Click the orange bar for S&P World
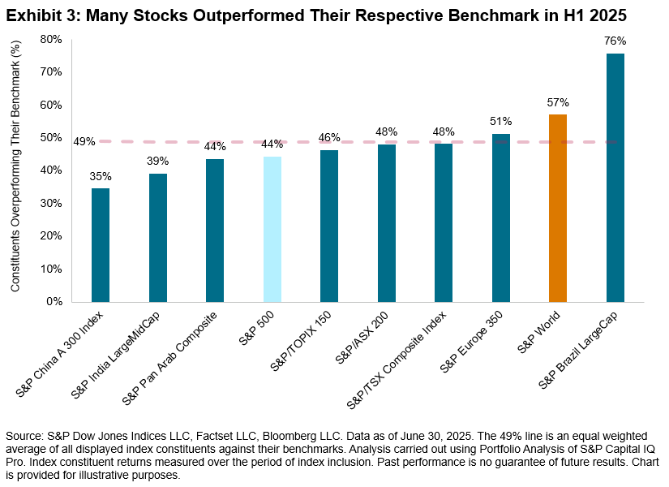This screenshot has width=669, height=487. pos(558,208)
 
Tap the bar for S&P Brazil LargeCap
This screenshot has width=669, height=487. pos(615,177)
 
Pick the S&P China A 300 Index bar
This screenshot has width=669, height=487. pos(101,244)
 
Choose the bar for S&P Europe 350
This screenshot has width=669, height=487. pos(500,218)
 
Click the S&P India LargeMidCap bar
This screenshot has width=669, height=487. pos(157,237)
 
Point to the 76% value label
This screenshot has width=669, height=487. pos(615,41)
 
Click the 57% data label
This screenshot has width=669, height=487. pos(558,103)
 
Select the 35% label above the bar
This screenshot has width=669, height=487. pos(101,176)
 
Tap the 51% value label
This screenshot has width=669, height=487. pos(500,122)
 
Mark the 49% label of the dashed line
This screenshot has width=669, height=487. pos(84,141)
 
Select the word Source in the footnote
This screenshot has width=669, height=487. pos(25,437)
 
